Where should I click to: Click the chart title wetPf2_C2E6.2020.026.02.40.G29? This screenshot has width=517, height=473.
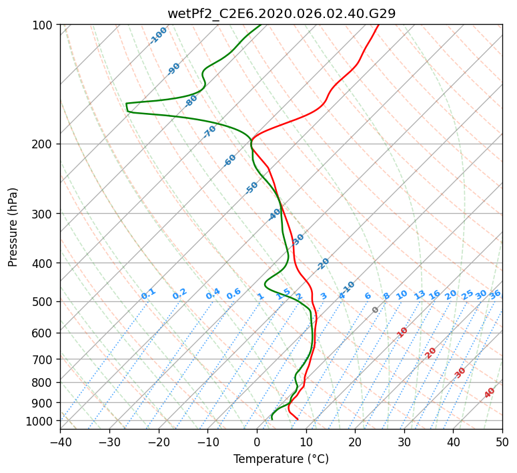[282, 13]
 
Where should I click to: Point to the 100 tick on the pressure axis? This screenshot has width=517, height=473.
[44, 25]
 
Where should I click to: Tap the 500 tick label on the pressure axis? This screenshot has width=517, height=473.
[44, 301]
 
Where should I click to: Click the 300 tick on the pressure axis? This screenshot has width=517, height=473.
[44, 213]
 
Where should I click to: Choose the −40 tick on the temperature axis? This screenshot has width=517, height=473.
[60, 442]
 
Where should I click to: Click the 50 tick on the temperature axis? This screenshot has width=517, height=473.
[503, 442]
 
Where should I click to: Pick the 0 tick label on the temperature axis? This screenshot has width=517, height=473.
[257, 442]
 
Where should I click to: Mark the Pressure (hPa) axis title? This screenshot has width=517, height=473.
[13, 227]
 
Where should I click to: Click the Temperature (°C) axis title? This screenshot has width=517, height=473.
[282, 459]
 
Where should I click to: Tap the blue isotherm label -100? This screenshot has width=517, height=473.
[158, 35]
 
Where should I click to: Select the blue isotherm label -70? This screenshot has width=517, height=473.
[209, 132]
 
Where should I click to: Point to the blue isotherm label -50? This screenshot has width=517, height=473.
[251, 188]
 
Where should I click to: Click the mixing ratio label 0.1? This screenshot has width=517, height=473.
[148, 294]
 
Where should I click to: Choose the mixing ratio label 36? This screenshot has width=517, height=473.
[495, 295]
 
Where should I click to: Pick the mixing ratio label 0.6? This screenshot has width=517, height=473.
[233, 294]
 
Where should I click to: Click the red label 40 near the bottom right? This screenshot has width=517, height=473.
[490, 393]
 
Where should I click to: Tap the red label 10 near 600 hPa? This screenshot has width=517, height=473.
[402, 332]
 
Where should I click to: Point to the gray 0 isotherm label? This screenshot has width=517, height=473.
[375, 310]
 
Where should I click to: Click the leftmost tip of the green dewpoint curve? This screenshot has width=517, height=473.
[126, 104]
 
